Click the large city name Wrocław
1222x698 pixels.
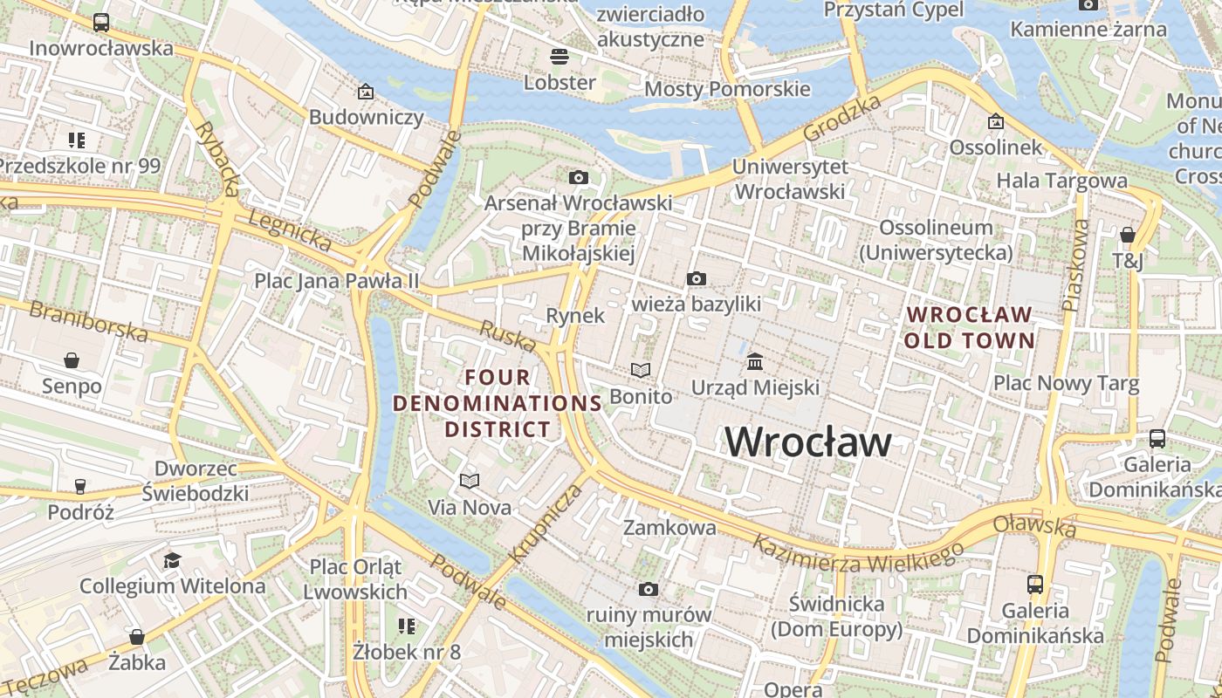point(808,441)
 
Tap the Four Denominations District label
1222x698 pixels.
point(498,403)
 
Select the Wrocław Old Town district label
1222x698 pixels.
point(969,327)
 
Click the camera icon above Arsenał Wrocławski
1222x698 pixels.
point(578,178)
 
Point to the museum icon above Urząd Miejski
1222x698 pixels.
point(755,361)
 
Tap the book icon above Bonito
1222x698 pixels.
point(641,371)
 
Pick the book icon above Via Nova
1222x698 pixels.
point(470,481)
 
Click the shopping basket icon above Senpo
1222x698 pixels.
point(72,360)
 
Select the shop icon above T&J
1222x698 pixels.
point(1127,235)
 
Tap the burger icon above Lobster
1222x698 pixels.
point(560,57)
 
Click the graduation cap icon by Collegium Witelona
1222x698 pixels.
point(172,560)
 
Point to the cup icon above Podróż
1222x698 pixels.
point(80,486)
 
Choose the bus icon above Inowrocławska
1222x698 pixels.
point(101,23)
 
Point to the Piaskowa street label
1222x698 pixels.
point(1075,265)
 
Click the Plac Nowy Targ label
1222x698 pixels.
point(1066,384)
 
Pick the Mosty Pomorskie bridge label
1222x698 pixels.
point(727,89)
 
